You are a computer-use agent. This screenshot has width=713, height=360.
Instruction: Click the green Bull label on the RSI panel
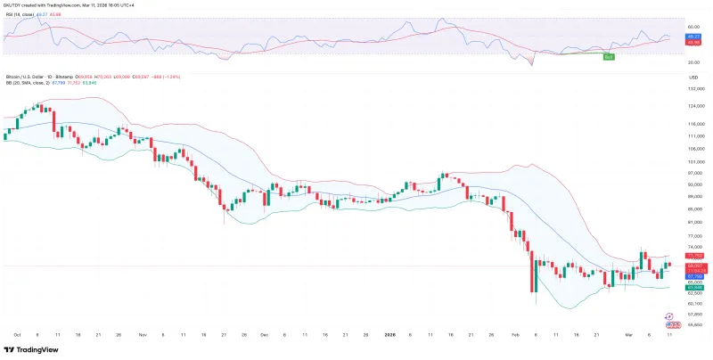coord(610,57)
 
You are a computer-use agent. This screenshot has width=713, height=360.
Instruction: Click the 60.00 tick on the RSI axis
coord(692,28)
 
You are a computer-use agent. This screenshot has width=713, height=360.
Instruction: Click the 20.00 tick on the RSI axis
coord(692,63)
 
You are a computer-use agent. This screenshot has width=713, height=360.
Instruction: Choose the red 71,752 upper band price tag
coord(692,256)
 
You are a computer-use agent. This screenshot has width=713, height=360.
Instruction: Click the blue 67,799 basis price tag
coord(692,276)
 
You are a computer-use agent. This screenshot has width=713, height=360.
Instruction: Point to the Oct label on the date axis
coord(17,334)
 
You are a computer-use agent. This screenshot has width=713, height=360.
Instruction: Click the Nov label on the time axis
coord(143,334)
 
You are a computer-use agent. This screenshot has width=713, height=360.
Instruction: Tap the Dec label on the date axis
coord(264,334)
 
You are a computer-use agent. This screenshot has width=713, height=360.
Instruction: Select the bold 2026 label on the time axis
coord(389,334)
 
